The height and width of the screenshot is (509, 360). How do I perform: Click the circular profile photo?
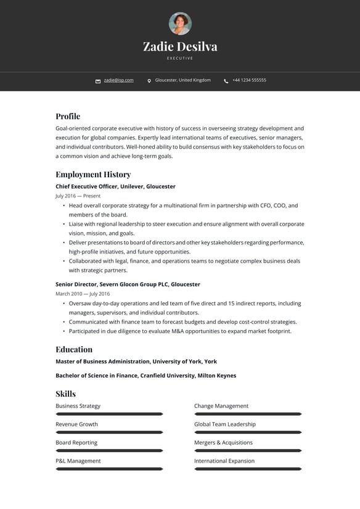(x=180, y=23)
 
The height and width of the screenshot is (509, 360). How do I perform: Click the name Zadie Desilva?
(x=180, y=46)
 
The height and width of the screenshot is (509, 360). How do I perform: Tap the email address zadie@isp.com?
(x=118, y=80)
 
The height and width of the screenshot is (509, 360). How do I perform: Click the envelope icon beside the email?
(x=98, y=81)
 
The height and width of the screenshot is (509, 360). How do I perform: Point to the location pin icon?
(x=149, y=81)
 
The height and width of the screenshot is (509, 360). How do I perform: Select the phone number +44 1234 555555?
(x=249, y=80)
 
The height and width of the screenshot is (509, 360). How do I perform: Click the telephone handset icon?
(x=226, y=81)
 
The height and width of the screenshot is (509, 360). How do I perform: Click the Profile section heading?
(x=68, y=116)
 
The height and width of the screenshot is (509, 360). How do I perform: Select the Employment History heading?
(x=93, y=174)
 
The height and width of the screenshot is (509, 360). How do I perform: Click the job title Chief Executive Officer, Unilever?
(x=115, y=186)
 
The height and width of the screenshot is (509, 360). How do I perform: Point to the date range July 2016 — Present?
(x=78, y=196)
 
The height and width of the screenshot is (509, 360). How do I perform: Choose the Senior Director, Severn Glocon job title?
(x=128, y=284)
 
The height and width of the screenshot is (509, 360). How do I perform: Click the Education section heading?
(x=74, y=349)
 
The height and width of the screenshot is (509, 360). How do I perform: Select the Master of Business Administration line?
(x=136, y=362)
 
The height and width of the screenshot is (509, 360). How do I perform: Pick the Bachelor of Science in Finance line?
(x=145, y=376)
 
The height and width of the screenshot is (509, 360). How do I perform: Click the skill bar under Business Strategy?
(x=109, y=414)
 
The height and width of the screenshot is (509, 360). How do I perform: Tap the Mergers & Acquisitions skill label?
(x=223, y=442)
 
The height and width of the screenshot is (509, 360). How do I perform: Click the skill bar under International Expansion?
(x=248, y=469)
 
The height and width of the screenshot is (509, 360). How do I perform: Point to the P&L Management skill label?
(x=78, y=461)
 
